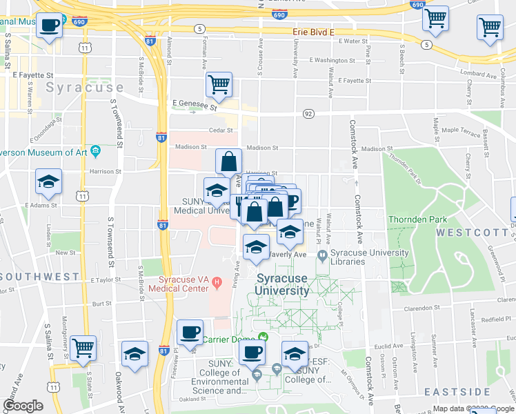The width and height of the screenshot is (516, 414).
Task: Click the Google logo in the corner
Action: pos(23,406)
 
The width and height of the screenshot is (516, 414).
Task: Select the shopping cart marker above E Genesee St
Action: pos(219,86)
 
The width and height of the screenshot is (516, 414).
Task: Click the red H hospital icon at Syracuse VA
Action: pos(217,282)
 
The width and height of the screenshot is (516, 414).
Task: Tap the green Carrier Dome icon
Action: pos(263,337)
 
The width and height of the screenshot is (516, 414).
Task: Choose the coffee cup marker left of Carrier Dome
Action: pos(189,332)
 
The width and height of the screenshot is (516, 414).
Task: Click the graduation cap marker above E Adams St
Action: pos(49,181)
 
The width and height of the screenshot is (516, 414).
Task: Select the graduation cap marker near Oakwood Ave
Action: pos(135,353)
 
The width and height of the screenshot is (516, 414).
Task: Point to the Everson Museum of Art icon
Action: pos(95,150)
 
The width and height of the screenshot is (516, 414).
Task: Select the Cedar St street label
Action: pos(219,130)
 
